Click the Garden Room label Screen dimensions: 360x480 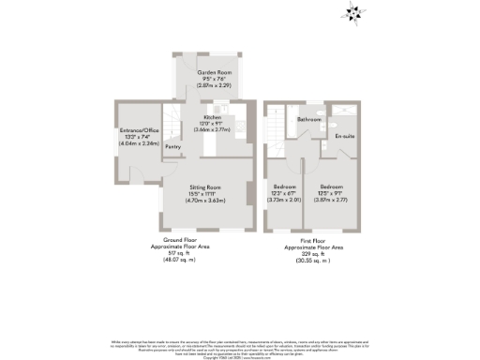(207, 71)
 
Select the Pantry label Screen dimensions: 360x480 (172, 147)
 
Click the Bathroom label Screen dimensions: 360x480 (309, 121)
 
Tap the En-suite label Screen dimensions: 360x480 (345, 137)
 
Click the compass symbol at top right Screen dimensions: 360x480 (353, 12)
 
